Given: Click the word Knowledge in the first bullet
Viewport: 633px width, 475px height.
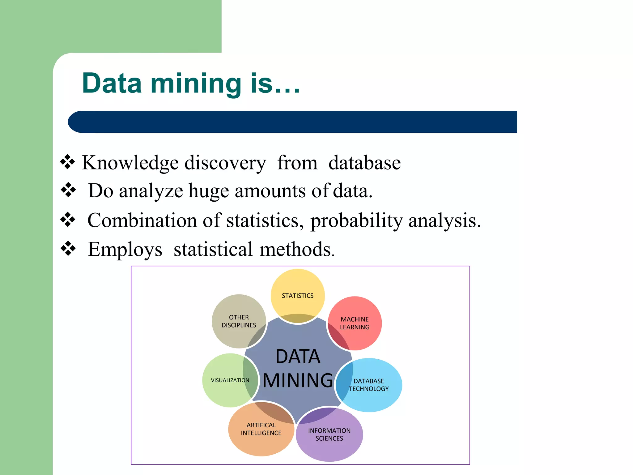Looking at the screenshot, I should tap(130, 163).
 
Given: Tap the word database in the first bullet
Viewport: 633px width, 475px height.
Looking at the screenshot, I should tap(364, 163).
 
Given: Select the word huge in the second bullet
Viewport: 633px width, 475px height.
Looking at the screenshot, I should tap(209, 191).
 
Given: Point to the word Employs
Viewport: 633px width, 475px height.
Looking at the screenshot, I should tap(125, 249).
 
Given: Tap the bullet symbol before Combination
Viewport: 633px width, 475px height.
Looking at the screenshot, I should tap(68, 220).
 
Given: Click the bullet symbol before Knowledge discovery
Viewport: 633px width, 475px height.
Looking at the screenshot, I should tap(68, 162).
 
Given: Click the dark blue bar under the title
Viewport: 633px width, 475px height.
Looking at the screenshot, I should tap(292, 122).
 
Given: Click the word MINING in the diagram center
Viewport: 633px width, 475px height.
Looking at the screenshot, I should tap(298, 380).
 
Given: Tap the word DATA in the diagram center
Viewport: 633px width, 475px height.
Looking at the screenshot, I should tap(298, 356).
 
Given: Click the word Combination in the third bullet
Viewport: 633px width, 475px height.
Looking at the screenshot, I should tap(142, 221).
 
